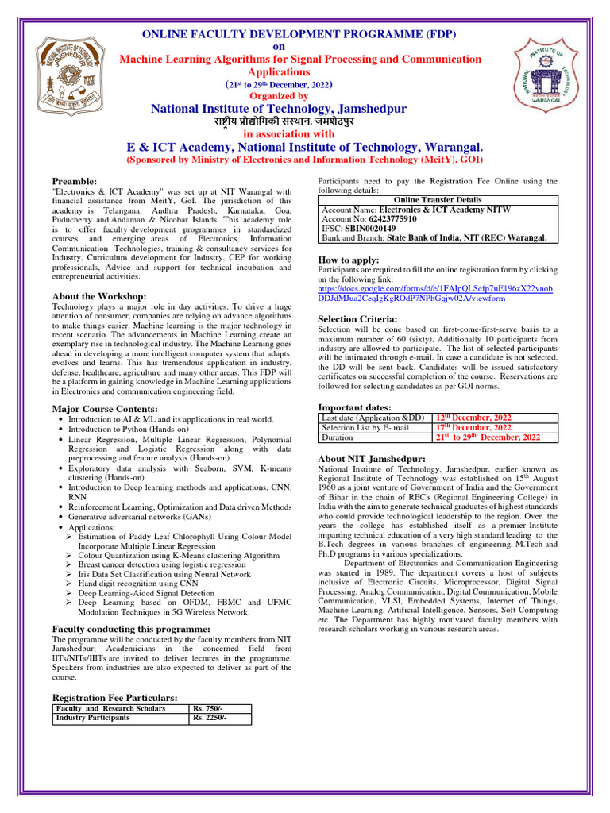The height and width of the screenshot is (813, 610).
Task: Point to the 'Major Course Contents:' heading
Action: coord(105,408)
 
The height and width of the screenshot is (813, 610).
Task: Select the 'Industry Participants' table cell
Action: coord(92,717)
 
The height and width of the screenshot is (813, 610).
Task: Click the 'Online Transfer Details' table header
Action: coord(438,200)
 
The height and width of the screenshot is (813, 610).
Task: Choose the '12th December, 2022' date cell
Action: coord(473,418)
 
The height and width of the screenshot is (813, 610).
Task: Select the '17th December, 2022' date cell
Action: coord(473,427)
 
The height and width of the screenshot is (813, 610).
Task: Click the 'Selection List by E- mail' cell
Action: coord(365,427)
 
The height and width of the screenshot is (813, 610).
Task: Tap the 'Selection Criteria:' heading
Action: coord(357,318)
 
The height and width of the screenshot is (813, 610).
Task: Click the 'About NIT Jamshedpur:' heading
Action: coord(371,459)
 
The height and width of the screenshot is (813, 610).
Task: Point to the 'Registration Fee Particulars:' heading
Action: coord(114,697)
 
